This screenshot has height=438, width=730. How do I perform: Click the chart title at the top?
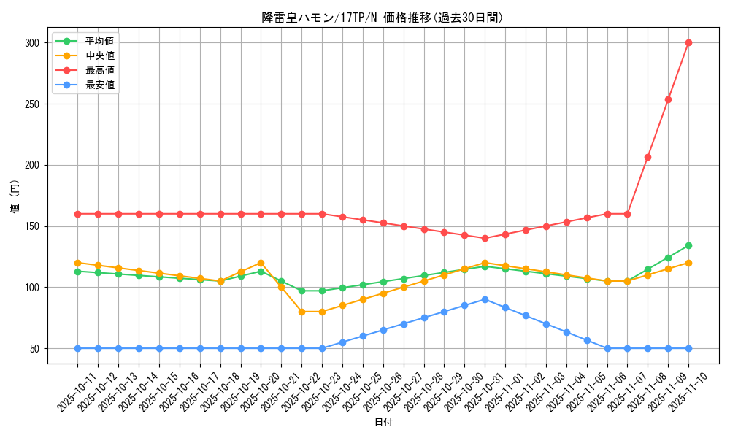(x=383, y=18)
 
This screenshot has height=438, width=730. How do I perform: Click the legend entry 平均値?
(x=99, y=41)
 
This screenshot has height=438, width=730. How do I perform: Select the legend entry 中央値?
(x=99, y=55)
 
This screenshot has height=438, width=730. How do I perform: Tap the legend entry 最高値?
(x=99, y=70)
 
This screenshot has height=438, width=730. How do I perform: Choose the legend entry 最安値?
(x=99, y=85)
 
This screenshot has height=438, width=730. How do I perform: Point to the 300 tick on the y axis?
(x=31, y=43)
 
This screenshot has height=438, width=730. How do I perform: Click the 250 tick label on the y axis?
(x=31, y=104)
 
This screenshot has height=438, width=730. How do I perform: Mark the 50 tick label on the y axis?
(x=34, y=348)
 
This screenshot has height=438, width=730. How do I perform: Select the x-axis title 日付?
(x=383, y=423)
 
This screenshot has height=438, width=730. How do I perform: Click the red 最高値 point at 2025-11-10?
(x=688, y=42)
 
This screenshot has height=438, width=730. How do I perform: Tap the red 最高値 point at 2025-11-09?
(x=668, y=99)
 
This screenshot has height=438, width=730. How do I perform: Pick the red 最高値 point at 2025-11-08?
(x=648, y=157)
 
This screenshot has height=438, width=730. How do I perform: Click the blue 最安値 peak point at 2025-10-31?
(x=485, y=299)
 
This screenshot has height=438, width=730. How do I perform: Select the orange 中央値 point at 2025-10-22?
(x=301, y=312)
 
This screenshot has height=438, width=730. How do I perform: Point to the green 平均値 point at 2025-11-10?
(x=688, y=245)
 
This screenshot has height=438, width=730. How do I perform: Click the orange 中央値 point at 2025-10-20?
(x=261, y=263)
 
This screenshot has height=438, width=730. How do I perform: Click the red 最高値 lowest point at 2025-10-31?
(x=485, y=238)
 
